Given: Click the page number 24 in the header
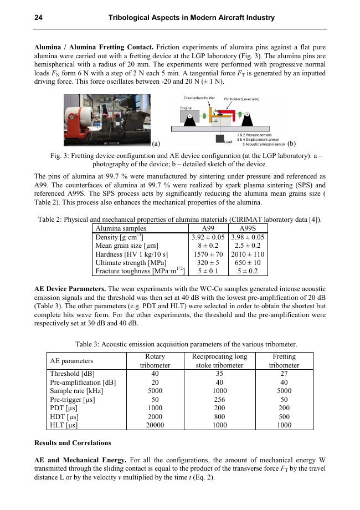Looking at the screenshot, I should (39, 18).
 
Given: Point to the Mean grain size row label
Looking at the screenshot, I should (127, 246).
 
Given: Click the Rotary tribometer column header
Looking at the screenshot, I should (155, 361).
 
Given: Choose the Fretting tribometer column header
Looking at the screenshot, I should (284, 361).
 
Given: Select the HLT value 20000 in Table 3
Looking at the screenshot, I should (155, 425).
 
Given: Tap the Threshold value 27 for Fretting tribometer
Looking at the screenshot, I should (284, 374).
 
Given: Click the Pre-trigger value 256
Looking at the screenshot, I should (219, 399).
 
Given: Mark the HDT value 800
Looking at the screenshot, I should (219, 416).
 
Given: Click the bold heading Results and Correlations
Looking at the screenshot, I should (73, 443).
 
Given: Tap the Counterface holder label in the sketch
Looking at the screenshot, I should (199, 98).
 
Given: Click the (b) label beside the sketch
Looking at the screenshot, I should (292, 143).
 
